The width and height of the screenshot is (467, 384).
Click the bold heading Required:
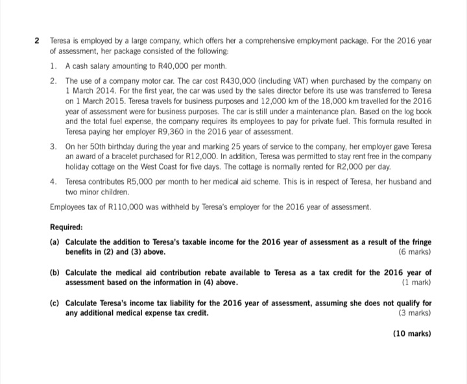point(66,227)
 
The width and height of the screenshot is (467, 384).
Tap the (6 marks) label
point(415,251)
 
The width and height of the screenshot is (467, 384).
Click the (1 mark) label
point(417,283)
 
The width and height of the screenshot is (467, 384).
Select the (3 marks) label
point(415,313)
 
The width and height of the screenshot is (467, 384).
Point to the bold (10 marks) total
point(412,335)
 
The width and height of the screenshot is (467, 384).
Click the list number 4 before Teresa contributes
point(53,181)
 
